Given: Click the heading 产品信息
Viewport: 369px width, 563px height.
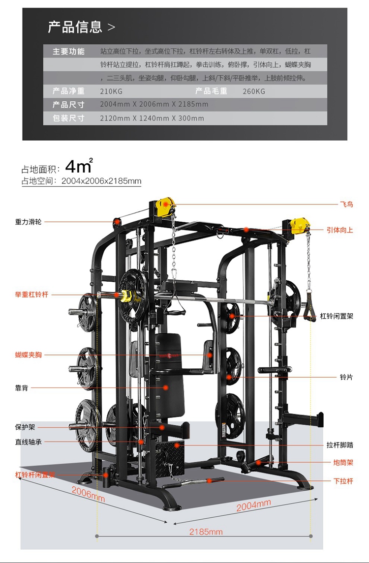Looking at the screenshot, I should (x=75, y=27).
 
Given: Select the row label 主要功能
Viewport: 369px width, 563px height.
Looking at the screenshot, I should (x=68, y=52).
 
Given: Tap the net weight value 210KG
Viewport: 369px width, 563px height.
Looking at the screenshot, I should (x=111, y=91).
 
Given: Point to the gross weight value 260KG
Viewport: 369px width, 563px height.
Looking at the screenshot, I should (x=254, y=91).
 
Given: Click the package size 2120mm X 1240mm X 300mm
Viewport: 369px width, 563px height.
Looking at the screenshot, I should (x=152, y=118).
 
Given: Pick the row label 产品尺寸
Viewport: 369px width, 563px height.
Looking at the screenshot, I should (x=68, y=105).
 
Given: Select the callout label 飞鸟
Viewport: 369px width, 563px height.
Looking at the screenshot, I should (x=346, y=204).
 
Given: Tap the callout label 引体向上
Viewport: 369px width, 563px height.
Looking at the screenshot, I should (x=340, y=230).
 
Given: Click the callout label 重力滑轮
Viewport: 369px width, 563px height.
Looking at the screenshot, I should (x=29, y=222).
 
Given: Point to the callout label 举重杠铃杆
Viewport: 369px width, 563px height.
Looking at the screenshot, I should (x=31, y=295).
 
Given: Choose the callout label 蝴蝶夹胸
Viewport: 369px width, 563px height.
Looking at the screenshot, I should (x=29, y=355).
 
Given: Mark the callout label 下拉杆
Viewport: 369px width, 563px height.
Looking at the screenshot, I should (x=343, y=481).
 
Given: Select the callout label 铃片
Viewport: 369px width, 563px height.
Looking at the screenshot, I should (x=346, y=377).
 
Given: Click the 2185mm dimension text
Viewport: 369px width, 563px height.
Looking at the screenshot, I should (x=206, y=532).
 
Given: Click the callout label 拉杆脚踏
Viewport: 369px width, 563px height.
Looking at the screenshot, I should (x=340, y=445).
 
